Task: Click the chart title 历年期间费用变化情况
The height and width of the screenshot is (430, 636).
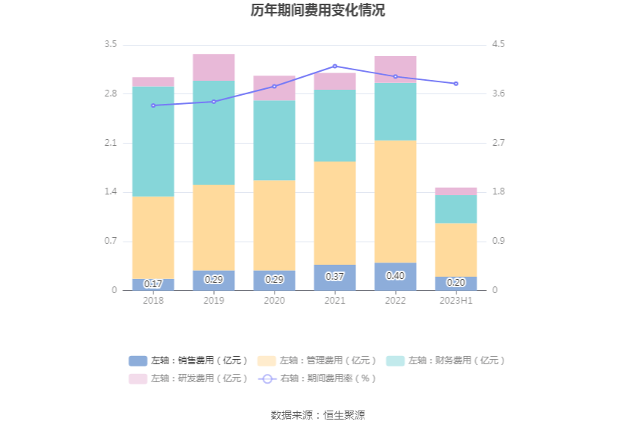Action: tap(318, 10)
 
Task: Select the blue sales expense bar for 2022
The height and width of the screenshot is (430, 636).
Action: tap(395, 277)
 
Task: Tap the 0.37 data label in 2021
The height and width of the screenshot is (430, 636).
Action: tap(334, 277)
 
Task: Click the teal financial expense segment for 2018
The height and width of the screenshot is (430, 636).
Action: tap(153, 141)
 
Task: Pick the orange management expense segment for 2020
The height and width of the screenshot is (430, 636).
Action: tap(274, 225)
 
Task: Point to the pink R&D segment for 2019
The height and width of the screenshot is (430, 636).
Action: tap(213, 67)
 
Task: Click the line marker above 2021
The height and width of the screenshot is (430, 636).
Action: tap(334, 67)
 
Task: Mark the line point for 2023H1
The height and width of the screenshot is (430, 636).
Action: tap(456, 84)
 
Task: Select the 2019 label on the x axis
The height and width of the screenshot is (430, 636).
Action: tap(213, 300)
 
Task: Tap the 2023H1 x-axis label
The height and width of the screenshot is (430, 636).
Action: tap(456, 300)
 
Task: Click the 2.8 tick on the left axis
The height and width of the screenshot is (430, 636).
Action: tap(110, 93)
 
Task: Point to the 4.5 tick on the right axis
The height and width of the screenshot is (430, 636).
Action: tap(498, 44)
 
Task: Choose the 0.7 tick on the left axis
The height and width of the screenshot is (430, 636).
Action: tap(110, 241)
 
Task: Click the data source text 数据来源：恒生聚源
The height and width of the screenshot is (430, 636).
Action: tap(318, 415)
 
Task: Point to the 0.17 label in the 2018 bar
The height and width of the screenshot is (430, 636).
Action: tap(153, 284)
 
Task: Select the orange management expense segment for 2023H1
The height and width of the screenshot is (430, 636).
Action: tap(456, 250)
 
